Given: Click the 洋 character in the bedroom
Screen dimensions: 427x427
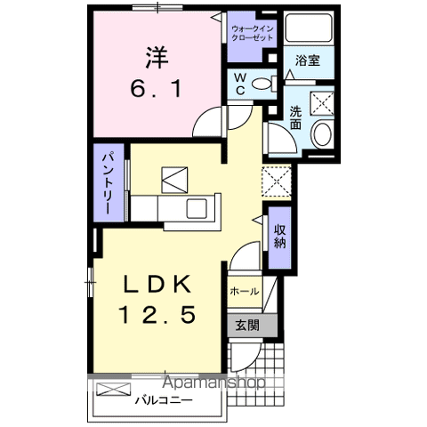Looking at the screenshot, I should point(157,55).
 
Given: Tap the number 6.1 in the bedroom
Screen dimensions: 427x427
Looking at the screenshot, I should point(157,89).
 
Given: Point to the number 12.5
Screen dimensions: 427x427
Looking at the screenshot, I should point(157,314).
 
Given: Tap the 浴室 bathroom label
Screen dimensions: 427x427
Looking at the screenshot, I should point(309,61).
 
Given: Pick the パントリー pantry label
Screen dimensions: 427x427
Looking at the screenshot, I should point(105,186).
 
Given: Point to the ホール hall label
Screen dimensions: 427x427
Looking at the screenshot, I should point(245,291).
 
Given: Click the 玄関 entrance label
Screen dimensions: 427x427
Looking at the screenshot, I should point(246,325).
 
